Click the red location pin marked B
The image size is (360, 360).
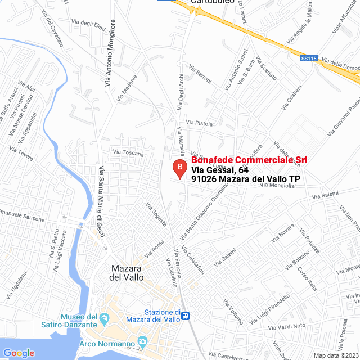(x=179, y=167)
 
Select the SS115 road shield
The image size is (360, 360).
(x=309, y=58)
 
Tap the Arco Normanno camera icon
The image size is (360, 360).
(x=142, y=341)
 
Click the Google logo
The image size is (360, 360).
(x=19, y=353)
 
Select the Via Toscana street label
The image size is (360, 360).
(x=128, y=152)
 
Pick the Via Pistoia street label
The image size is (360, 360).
(x=200, y=123)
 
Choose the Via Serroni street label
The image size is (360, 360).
(x=201, y=74)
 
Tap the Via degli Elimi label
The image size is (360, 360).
(x=88, y=25)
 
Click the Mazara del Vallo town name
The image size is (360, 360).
(x=127, y=272)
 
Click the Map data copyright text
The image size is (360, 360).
(x=336, y=355)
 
